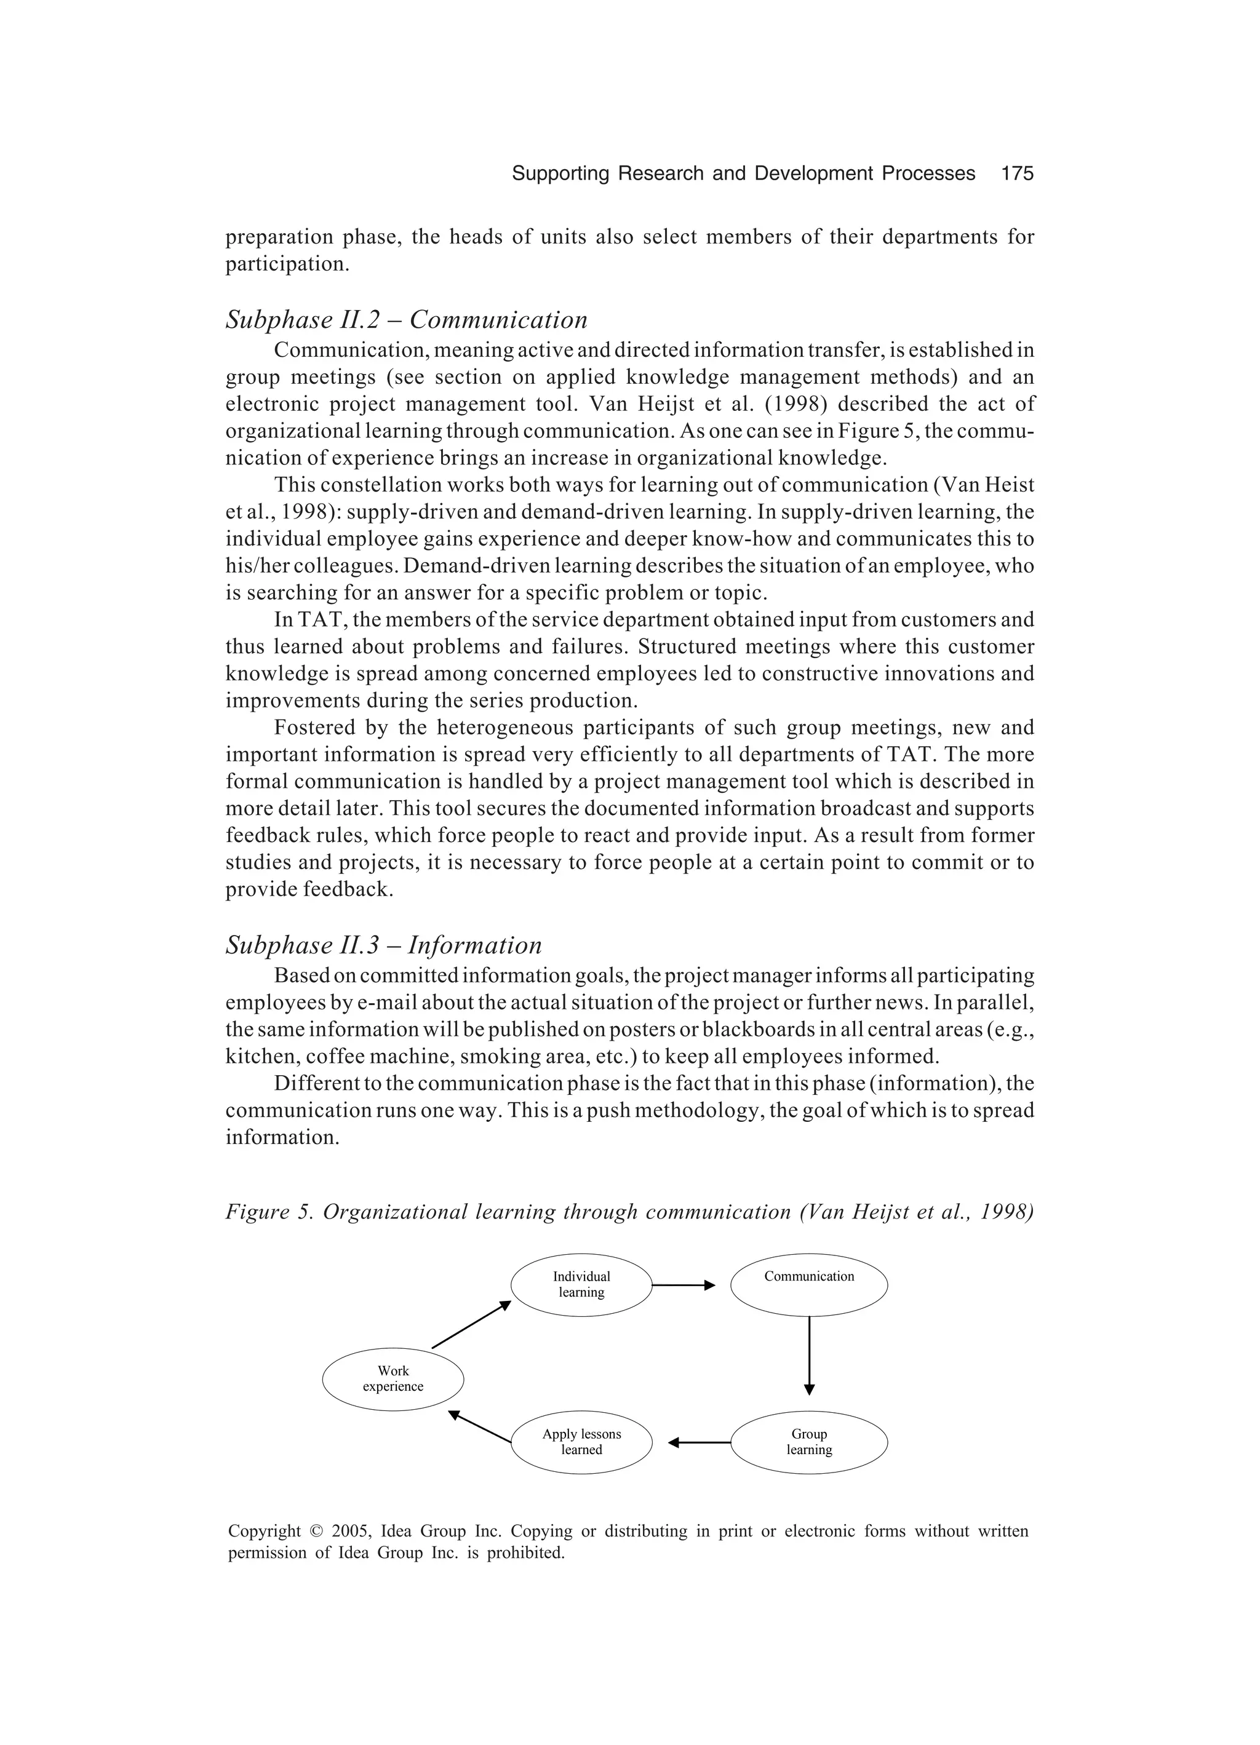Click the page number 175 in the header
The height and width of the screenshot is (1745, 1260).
[x=1017, y=174]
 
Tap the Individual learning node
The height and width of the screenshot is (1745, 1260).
[x=581, y=1285]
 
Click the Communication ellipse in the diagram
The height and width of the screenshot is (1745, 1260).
[x=808, y=1285]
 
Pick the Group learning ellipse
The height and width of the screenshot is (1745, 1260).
[x=808, y=1442]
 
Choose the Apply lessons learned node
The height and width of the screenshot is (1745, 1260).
[x=581, y=1442]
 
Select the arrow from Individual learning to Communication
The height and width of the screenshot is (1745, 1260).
[x=684, y=1285]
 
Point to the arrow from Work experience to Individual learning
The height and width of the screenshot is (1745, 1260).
[x=471, y=1324]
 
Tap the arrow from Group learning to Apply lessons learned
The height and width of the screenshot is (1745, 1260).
[x=699, y=1442]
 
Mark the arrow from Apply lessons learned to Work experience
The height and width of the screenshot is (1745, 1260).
[x=479, y=1426]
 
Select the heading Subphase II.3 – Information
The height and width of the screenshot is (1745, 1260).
[x=383, y=945]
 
